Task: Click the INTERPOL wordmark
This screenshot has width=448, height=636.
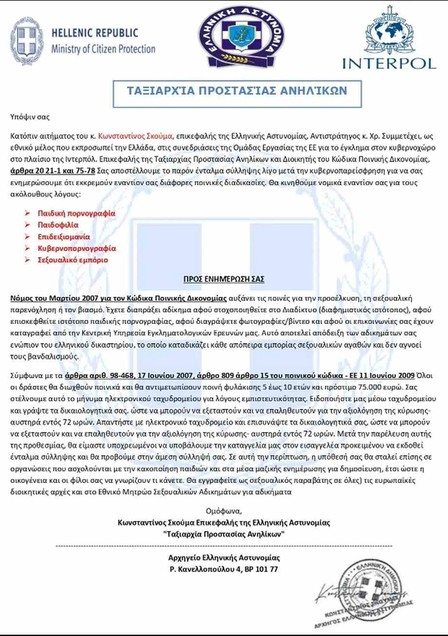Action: click(389, 63)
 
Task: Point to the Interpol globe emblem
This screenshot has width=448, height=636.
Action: click(390, 31)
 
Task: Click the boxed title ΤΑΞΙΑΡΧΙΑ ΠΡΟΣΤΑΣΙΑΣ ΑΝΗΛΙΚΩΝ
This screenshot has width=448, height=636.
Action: click(236, 90)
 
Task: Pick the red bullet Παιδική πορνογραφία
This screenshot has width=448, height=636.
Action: click(77, 214)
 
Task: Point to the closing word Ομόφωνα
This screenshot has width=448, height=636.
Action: click(224, 511)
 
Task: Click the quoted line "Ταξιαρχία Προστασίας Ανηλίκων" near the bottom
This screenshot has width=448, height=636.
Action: click(224, 534)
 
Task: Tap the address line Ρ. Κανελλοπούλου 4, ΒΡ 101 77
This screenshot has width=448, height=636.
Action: click(224, 570)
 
